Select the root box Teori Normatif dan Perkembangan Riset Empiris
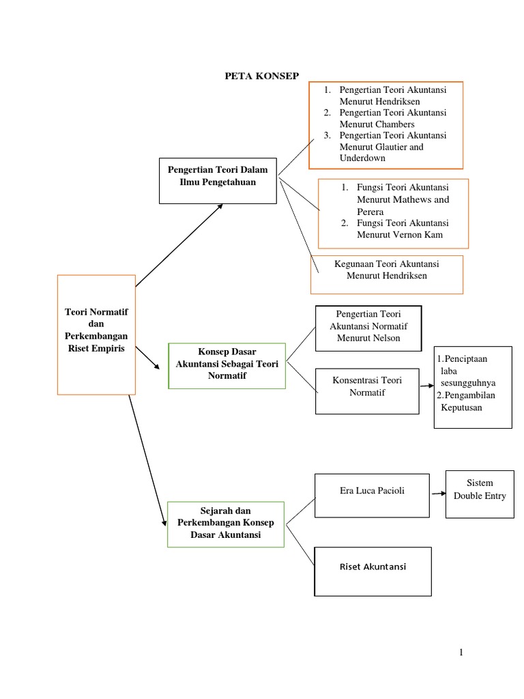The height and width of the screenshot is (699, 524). point(96,334)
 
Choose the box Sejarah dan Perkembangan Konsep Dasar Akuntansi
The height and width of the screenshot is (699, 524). point(226,524)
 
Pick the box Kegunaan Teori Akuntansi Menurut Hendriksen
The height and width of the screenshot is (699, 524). point(386,274)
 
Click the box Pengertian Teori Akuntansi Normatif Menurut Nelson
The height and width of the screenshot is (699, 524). point(368,327)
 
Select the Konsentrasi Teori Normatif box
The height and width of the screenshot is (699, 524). point(367,390)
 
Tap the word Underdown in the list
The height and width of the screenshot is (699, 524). point(362,158)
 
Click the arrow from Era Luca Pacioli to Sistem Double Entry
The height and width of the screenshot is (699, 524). point(437,491)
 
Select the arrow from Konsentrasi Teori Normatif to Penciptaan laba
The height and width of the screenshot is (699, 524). point(426,386)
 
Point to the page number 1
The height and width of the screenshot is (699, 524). point(461,653)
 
